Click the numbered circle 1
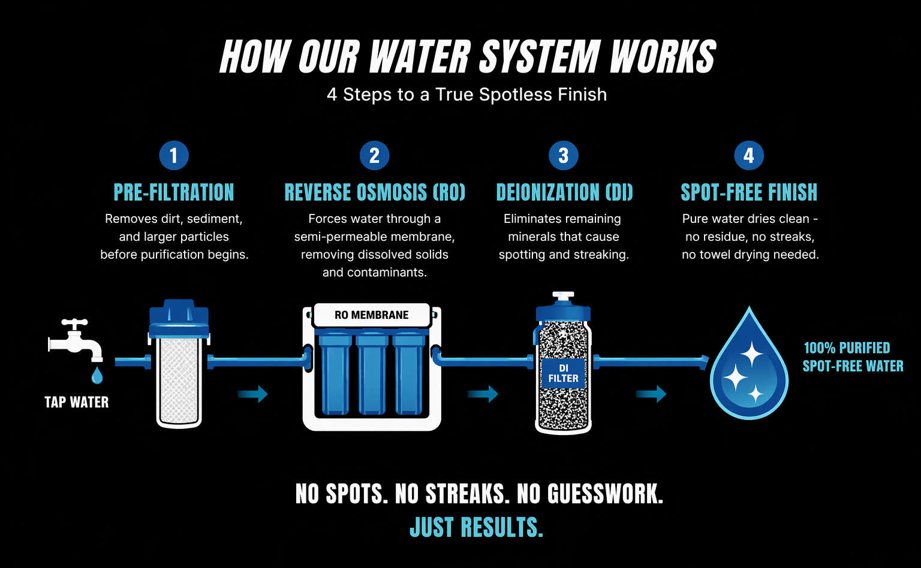(174, 156)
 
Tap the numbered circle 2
(374, 156)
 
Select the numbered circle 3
(563, 156)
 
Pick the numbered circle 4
(749, 156)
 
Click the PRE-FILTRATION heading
(174, 192)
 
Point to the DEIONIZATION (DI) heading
(564, 192)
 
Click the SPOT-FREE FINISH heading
(749, 192)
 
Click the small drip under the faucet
(97, 376)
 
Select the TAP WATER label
(77, 402)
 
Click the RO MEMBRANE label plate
(372, 315)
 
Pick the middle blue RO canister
(372, 374)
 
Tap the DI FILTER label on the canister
(563, 373)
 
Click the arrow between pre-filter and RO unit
(252, 394)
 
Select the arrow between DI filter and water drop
(651, 394)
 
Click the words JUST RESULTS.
(477, 528)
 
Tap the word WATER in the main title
(419, 58)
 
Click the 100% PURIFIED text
(847, 348)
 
